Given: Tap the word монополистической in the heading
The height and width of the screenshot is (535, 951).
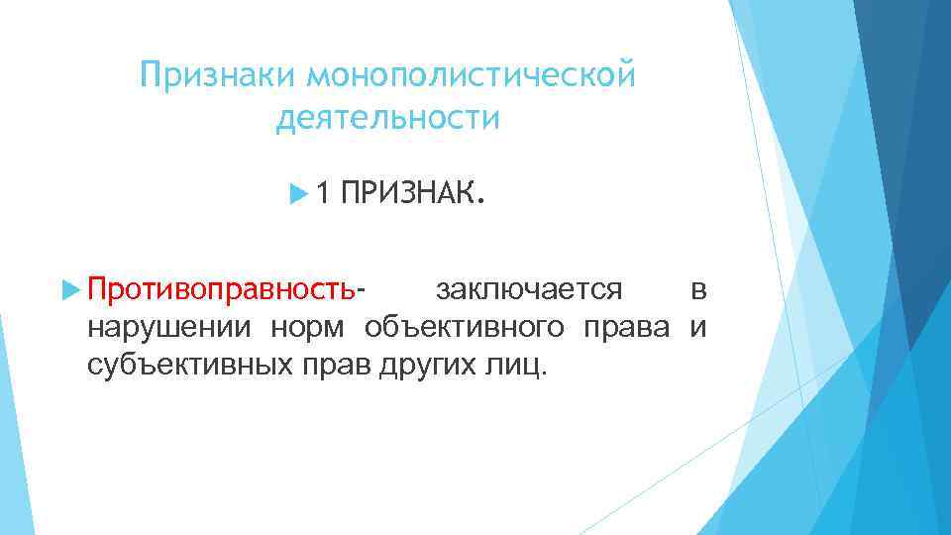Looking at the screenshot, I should [470, 75].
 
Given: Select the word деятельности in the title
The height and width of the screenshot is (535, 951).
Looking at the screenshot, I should [388, 119].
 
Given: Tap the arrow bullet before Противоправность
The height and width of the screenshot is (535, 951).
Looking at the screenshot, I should [69, 292].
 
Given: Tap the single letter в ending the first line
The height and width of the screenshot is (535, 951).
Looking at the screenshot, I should [698, 292].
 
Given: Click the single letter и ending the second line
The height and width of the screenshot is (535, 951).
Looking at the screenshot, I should [698, 328].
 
